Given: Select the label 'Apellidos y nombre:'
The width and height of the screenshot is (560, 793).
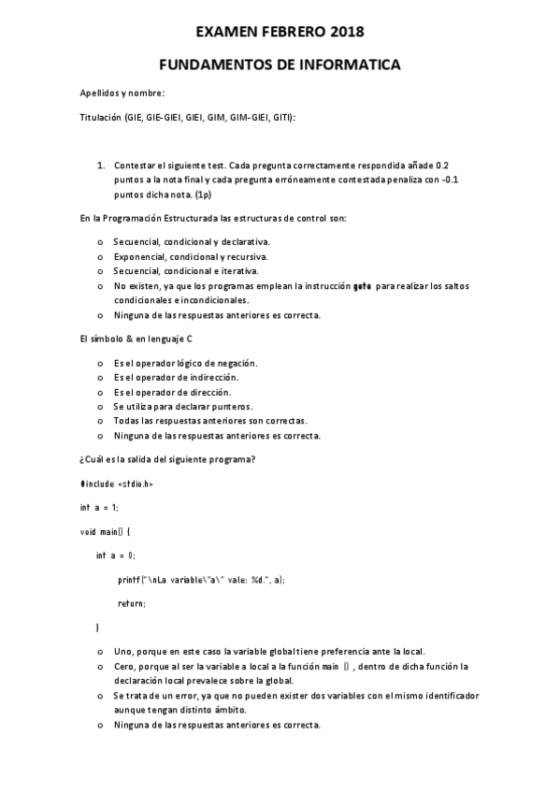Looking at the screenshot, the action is click(x=122, y=94).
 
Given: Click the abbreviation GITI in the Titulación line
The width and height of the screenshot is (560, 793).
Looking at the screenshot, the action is click(x=281, y=118).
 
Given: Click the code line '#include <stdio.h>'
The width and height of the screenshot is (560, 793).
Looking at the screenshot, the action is click(x=116, y=483).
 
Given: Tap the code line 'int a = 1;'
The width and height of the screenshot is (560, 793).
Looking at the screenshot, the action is click(x=99, y=507).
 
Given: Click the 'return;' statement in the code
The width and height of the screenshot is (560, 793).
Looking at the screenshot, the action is click(x=131, y=603).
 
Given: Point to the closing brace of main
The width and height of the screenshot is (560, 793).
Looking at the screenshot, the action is click(x=97, y=627).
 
